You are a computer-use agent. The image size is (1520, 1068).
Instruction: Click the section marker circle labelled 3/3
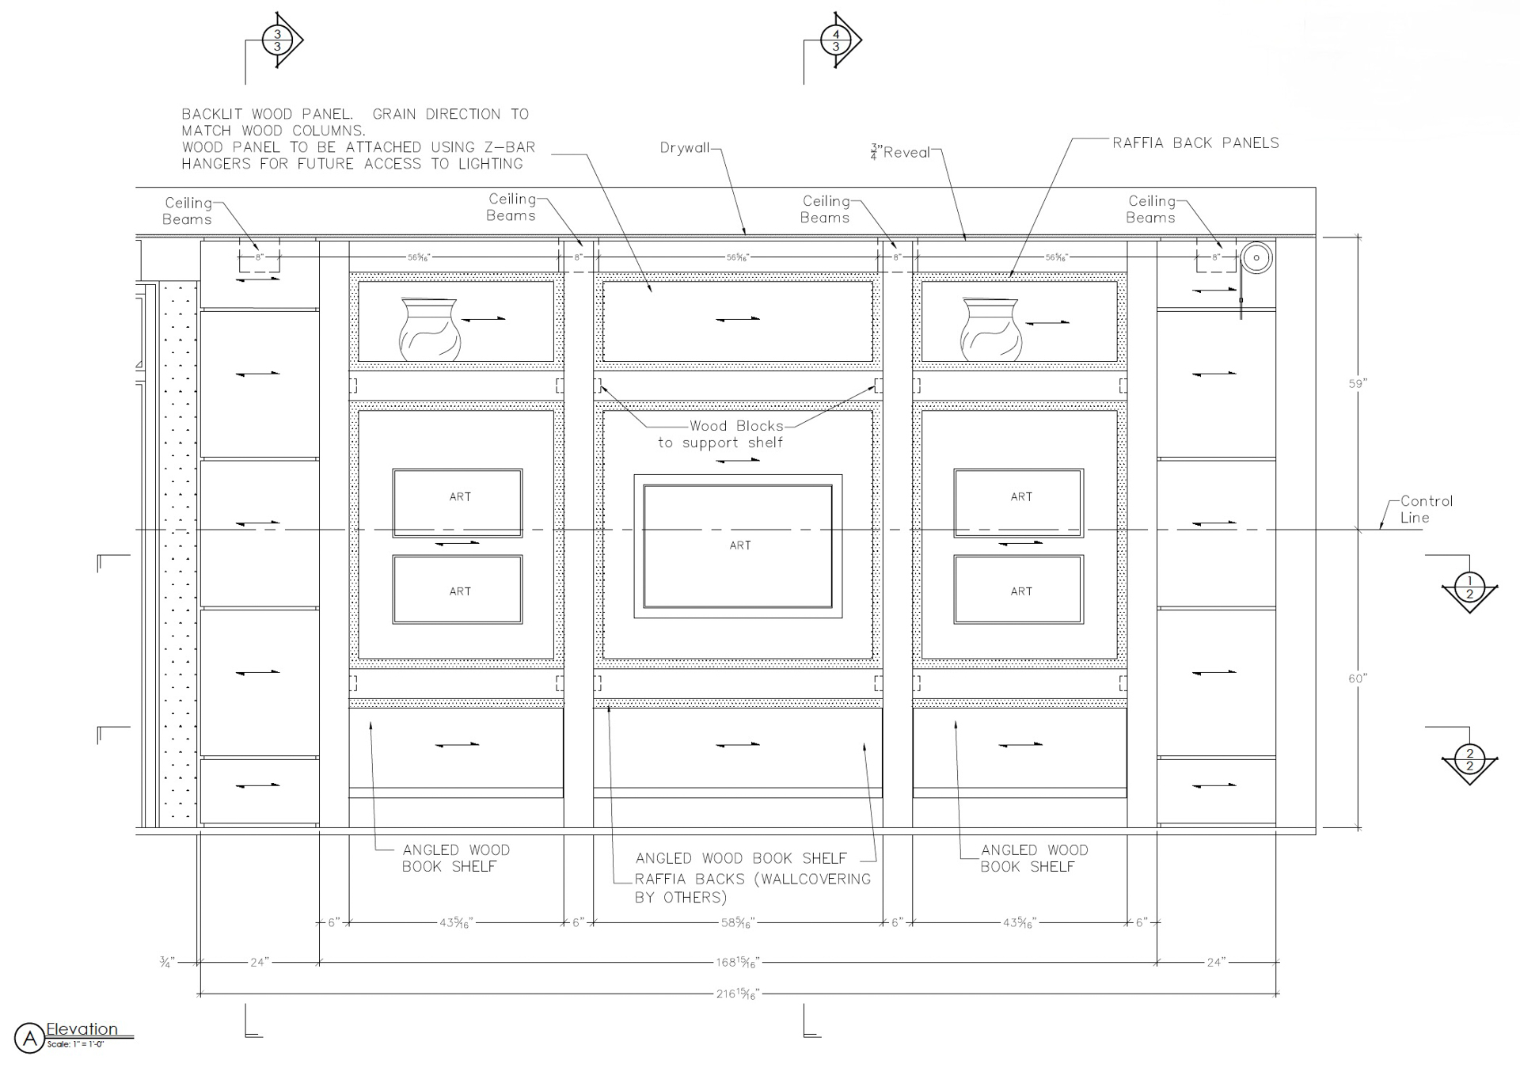pos(277,40)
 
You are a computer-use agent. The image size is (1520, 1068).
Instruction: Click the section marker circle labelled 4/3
pos(836,40)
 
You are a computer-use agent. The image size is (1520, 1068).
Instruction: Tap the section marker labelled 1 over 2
pos(1469,587)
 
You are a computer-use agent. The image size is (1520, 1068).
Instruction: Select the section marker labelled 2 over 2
pos(1469,759)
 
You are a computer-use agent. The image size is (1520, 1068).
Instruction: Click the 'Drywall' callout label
pos(684,148)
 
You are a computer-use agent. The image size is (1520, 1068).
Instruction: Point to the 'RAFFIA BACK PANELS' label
pos(1195,143)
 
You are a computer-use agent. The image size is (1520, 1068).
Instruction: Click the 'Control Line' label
pos(1425,509)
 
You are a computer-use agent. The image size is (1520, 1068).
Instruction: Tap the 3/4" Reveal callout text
pos(900,152)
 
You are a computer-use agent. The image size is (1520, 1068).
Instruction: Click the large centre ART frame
pos(738,545)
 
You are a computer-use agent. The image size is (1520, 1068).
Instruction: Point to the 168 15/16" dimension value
pos(737,963)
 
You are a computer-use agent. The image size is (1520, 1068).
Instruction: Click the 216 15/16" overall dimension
pos(737,994)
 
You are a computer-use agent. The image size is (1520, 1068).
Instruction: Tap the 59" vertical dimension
pos(1358,384)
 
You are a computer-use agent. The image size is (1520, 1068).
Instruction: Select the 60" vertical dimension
pos(1358,678)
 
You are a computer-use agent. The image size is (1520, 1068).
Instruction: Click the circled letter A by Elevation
pos(29,1038)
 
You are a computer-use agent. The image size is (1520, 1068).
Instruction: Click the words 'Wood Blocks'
pos(736,426)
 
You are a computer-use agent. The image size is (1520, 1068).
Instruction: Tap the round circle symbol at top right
pos(1256,258)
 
